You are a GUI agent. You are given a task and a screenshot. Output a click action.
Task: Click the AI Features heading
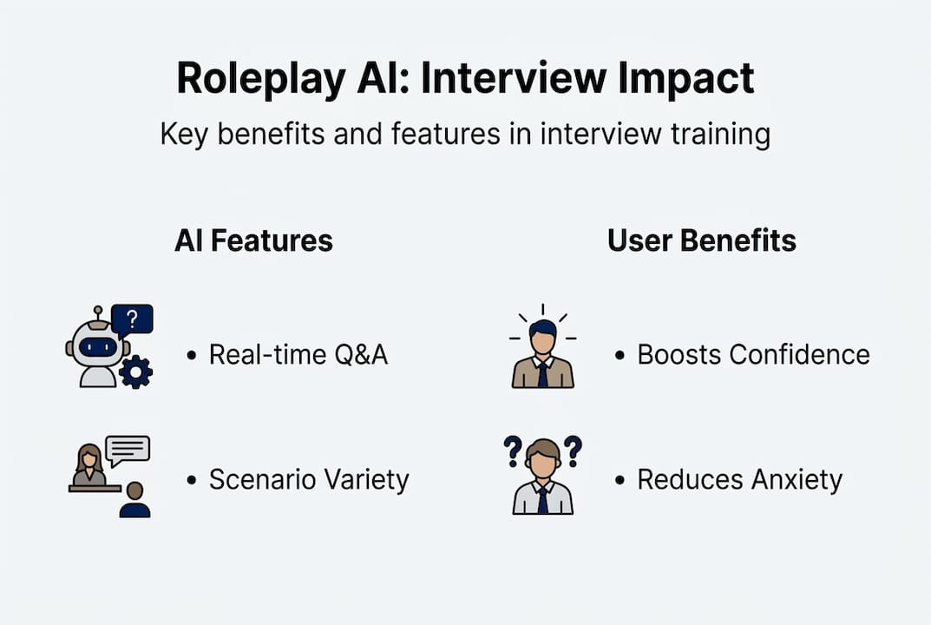point(253,240)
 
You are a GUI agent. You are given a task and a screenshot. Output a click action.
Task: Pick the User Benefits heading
point(701,240)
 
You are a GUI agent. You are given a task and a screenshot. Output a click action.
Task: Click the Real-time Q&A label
point(298,354)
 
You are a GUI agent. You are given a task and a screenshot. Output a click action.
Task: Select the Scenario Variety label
point(308,479)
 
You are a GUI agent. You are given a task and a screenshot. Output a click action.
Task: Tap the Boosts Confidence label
point(753,354)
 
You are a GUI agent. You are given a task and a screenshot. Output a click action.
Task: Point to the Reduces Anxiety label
point(739,479)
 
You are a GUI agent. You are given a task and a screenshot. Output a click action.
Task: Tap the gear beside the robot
point(135,372)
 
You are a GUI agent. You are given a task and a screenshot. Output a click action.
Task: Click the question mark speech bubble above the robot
point(132,319)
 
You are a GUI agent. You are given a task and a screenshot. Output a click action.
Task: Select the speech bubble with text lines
point(128,450)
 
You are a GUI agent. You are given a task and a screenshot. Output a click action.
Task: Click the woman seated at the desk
point(89,467)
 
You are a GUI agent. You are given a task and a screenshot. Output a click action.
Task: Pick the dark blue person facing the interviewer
point(134,502)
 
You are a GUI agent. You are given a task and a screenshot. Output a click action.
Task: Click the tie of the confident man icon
point(542,373)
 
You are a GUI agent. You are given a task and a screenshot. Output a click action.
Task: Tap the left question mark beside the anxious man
point(513,450)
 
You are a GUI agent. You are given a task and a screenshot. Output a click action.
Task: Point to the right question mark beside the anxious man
point(572,450)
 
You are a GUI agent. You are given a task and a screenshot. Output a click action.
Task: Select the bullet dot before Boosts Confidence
point(620,355)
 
